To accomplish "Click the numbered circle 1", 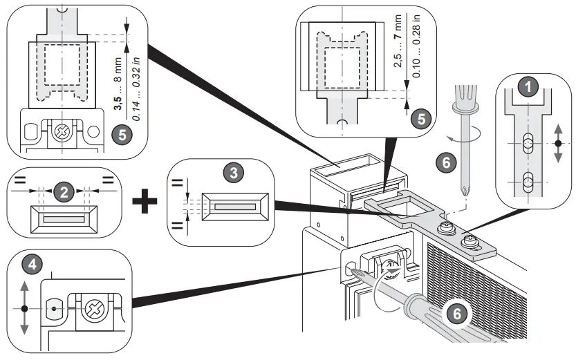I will pyautogui.click(x=529, y=88).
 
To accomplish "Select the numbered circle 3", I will pyautogui.click(x=236, y=173).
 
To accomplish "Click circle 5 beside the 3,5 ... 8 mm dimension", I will pyautogui.click(x=122, y=134).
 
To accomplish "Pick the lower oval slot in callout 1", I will pyautogui.click(x=528, y=184).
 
